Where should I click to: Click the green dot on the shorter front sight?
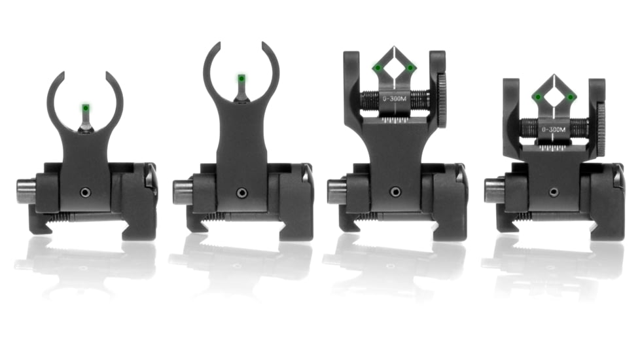click(x=85, y=107)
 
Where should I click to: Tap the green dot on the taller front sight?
click(x=241, y=79)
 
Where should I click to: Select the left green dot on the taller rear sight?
click(x=378, y=67)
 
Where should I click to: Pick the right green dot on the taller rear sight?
click(x=411, y=67)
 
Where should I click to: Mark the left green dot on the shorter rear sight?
click(x=537, y=97)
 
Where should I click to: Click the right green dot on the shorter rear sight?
click(x=571, y=97)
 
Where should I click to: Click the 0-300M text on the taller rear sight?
click(x=395, y=98)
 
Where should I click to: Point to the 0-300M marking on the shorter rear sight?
click(x=554, y=130)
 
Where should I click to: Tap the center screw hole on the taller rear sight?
click(x=395, y=192)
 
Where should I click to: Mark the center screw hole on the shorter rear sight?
click(x=554, y=192)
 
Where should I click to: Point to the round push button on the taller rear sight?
click(x=336, y=191)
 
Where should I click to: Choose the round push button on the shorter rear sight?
click(x=493, y=191)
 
